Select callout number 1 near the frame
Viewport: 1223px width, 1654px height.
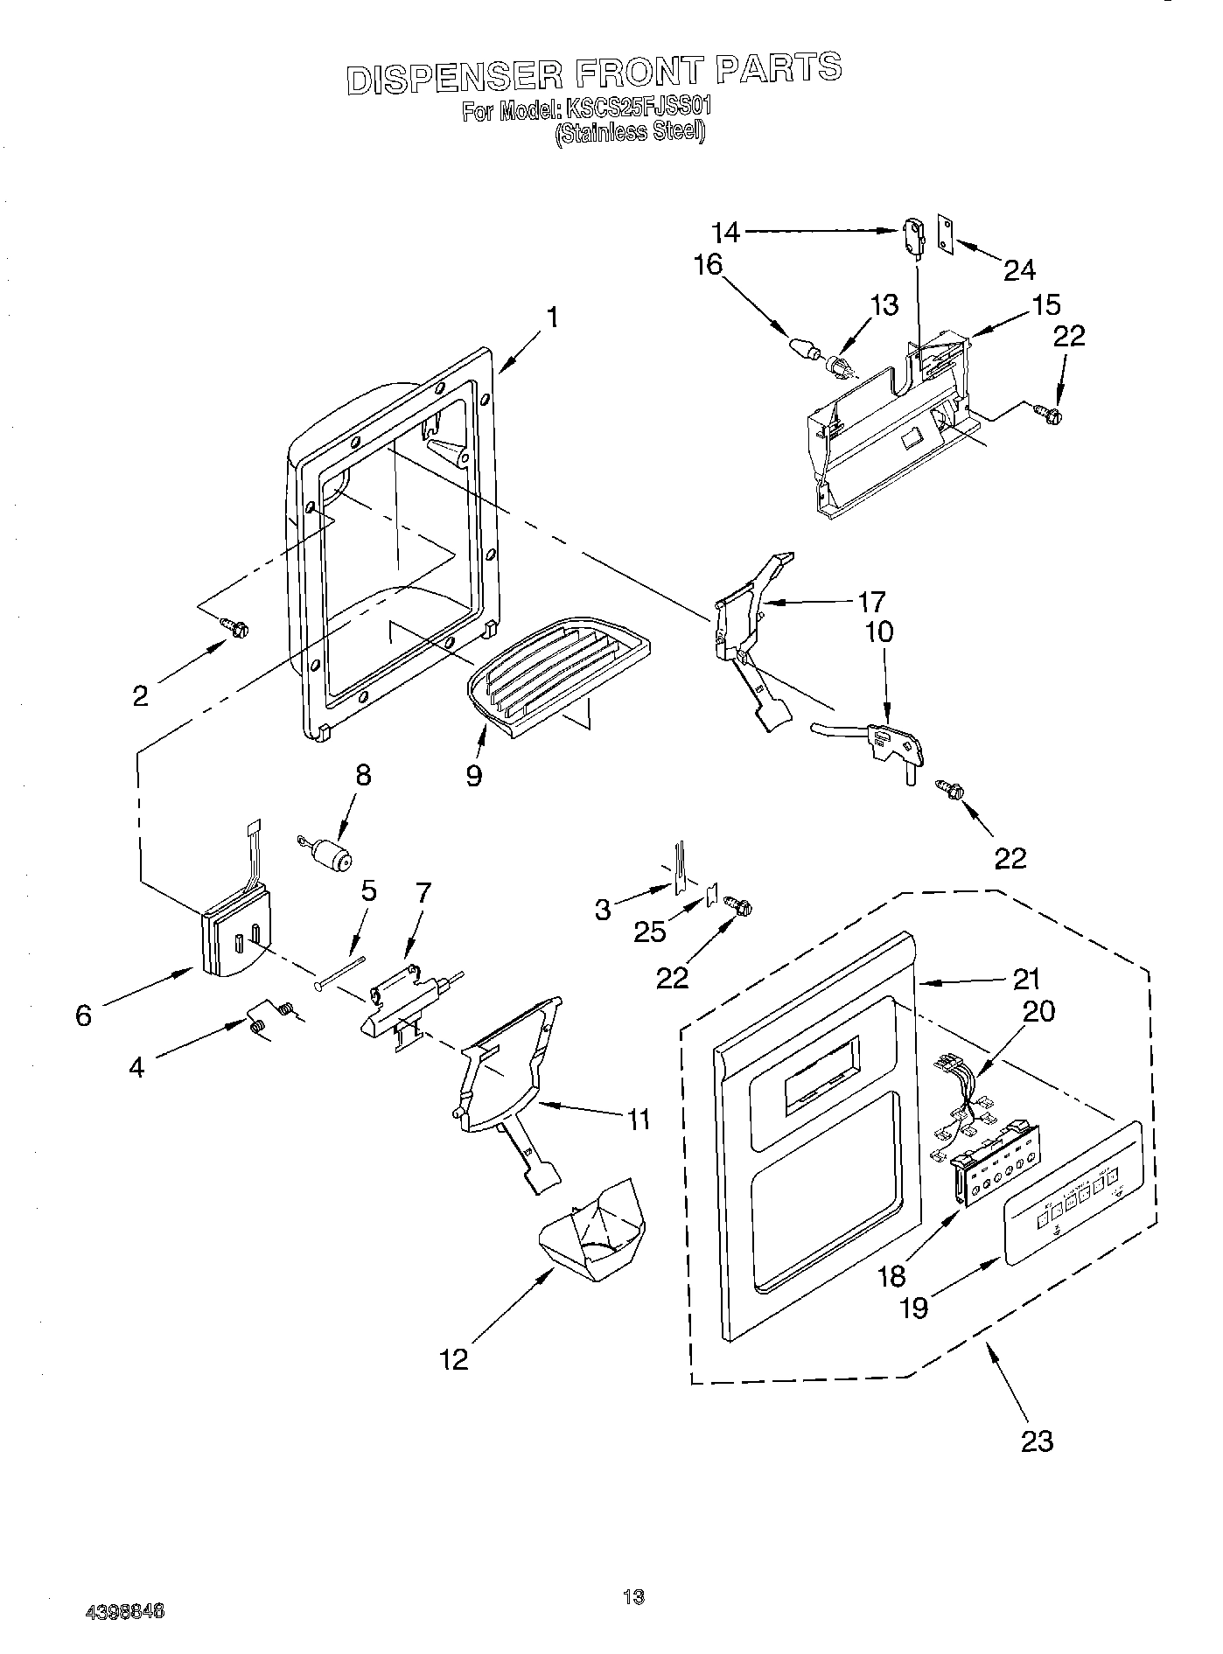pos(552,318)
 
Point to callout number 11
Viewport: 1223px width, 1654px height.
pos(639,1119)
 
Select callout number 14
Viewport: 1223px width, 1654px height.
pos(725,233)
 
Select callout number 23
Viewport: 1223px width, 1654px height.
pos(1037,1441)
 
